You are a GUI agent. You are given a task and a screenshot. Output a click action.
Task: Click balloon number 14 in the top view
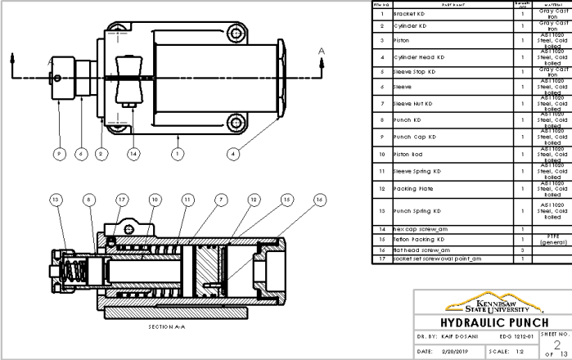coord(134,153)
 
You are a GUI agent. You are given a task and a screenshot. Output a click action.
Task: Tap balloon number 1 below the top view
coord(178,153)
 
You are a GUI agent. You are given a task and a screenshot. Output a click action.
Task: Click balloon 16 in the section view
coord(320,199)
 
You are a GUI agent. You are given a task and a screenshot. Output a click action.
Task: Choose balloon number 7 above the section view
coord(221,199)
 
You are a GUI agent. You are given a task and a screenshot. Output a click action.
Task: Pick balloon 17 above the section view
coord(122,199)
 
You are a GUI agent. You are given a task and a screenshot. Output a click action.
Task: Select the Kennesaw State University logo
coord(494,303)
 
